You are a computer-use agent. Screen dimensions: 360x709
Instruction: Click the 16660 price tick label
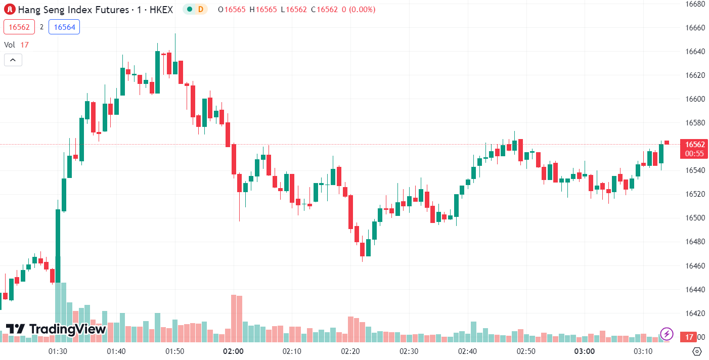click(695, 27)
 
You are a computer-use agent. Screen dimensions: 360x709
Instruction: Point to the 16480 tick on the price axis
click(695, 241)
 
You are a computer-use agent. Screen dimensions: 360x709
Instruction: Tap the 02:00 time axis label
click(234, 351)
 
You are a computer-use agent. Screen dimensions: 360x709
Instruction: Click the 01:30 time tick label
click(58, 351)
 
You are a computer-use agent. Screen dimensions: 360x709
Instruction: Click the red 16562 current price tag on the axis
click(694, 145)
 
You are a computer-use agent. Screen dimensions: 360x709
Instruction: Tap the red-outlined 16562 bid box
click(19, 27)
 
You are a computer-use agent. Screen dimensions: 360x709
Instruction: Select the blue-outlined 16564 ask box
click(64, 27)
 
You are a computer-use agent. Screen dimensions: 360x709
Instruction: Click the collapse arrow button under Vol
click(13, 60)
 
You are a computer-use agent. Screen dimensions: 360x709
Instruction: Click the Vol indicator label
click(10, 44)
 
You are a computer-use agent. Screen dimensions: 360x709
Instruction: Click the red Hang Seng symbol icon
click(10, 9)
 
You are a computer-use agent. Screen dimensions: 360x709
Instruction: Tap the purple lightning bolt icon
click(667, 334)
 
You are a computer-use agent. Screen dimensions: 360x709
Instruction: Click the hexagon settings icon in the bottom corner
click(697, 351)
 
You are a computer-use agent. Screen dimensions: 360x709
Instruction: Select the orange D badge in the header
click(201, 9)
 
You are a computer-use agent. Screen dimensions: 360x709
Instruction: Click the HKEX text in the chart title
click(161, 9)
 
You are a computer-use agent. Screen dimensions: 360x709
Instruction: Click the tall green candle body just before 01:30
click(58, 245)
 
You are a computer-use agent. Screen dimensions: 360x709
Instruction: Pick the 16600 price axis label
click(695, 99)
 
